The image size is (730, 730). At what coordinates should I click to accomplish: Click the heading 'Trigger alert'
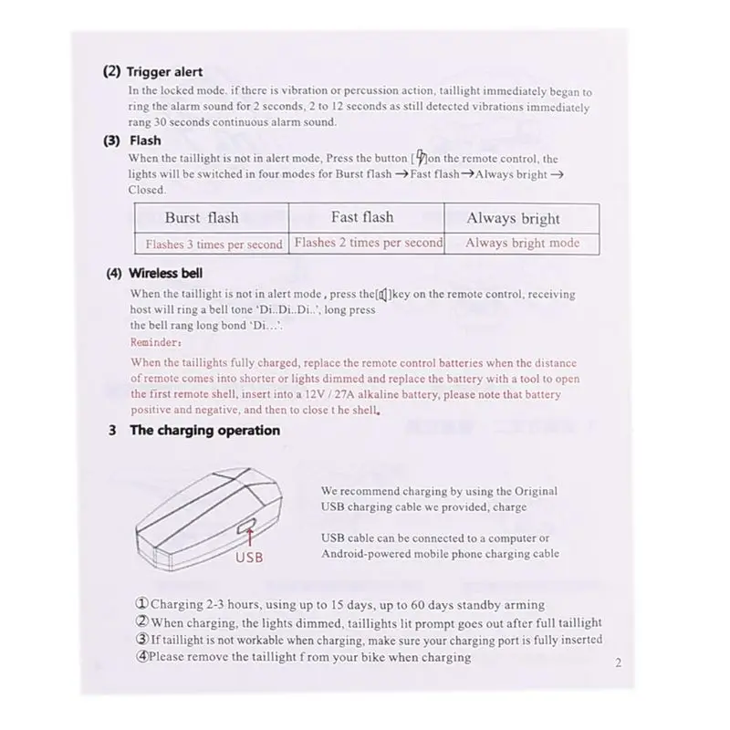click(x=164, y=72)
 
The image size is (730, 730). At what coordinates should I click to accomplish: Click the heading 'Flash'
click(x=145, y=141)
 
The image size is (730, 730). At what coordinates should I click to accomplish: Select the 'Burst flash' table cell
click(x=202, y=218)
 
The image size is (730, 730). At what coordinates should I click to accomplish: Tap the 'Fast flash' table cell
click(x=362, y=217)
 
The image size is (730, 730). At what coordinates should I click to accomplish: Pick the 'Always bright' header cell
click(x=513, y=218)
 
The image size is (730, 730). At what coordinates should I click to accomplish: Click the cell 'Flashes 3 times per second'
click(x=214, y=244)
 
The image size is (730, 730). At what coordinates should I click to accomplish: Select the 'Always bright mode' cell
click(x=522, y=243)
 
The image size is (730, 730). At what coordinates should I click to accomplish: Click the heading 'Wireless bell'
click(x=166, y=273)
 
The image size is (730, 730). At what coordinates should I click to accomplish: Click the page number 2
click(x=618, y=663)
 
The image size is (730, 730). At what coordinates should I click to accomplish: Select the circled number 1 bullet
click(x=141, y=604)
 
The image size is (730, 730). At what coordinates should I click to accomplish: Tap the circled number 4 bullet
click(x=141, y=656)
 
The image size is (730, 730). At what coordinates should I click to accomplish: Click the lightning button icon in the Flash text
click(x=420, y=157)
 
